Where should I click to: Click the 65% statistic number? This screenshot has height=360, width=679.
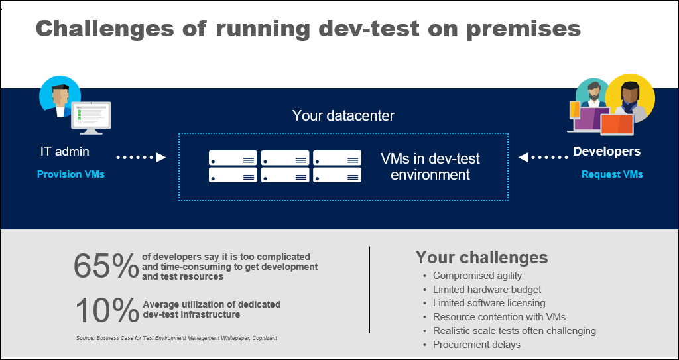click(106, 266)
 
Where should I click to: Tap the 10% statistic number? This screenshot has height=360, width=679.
click(107, 310)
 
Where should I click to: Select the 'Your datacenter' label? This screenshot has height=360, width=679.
click(343, 115)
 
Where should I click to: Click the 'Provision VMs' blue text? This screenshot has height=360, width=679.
click(71, 174)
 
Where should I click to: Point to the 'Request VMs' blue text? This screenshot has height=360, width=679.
click(612, 174)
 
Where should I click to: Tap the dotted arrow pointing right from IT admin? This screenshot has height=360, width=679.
click(141, 158)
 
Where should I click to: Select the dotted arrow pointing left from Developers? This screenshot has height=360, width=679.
click(543, 158)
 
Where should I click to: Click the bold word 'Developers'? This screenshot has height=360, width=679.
click(607, 151)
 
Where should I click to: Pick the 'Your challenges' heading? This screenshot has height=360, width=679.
click(481, 257)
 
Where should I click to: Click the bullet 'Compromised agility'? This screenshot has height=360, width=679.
click(477, 276)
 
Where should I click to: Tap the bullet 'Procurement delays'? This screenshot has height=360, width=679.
click(477, 345)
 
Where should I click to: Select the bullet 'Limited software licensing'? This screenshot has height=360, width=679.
click(489, 303)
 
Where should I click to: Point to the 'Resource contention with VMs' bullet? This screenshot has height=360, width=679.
click(499, 317)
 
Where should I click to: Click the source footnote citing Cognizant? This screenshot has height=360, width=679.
click(176, 338)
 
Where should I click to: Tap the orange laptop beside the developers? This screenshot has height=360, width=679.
click(617, 125)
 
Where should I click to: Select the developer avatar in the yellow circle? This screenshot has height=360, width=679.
click(630, 99)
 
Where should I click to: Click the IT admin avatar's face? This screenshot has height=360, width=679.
click(60, 95)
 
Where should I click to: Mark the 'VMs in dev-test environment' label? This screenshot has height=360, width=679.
click(430, 166)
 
